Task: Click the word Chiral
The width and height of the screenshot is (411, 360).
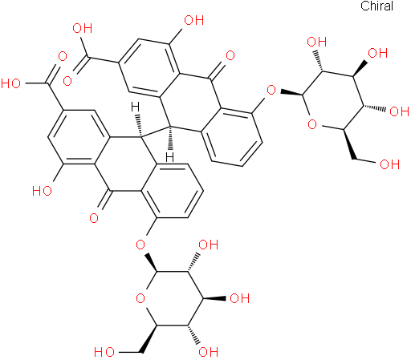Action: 376,6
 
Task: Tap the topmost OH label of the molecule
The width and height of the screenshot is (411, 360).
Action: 194,20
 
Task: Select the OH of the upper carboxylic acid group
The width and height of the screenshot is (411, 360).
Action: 83,28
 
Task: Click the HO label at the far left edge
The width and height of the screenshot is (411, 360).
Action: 10,83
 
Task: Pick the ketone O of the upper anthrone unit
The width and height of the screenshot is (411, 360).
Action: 230,55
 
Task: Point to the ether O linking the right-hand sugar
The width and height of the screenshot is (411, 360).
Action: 271,90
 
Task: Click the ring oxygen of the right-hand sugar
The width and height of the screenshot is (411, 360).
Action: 312,124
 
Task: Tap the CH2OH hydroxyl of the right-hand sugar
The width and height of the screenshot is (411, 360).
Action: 390,164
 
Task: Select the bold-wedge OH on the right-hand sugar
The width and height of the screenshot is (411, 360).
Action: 378,53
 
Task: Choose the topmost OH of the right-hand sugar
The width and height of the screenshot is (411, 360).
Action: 317,42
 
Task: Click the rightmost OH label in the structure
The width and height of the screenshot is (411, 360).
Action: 400,111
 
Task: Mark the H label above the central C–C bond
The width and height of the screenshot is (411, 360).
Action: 136,107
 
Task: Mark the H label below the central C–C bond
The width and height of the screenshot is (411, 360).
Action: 169,157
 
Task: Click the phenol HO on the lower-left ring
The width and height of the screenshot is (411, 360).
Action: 42,191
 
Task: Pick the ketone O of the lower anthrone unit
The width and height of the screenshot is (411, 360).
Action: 94,218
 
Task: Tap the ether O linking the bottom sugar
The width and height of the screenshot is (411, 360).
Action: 140,245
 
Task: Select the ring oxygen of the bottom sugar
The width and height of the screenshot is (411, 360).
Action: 140,298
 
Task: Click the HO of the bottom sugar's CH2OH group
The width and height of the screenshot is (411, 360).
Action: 104,352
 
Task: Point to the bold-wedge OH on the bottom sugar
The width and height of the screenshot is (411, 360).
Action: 240,298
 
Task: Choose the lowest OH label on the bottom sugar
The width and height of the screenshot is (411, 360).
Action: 209,352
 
